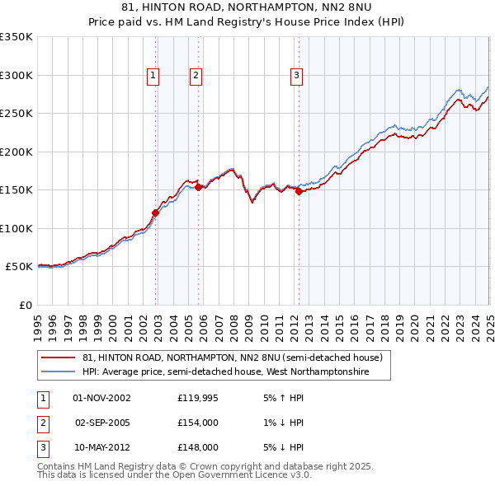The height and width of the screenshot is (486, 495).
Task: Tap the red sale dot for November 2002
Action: pos(155,212)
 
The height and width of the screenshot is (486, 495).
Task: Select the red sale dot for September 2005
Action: pos(198,187)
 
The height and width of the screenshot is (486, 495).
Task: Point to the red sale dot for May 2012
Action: pos(299,191)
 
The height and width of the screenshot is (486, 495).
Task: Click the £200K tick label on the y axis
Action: pos(16,152)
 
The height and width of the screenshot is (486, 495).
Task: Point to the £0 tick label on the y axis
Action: pos(26,305)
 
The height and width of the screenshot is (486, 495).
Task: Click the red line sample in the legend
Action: pos(57,358)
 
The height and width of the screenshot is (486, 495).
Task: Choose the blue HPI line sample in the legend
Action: pos(57,372)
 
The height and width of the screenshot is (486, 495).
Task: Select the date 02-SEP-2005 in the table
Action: pos(102,423)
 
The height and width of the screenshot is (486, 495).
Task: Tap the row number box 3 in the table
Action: pos(41,447)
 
